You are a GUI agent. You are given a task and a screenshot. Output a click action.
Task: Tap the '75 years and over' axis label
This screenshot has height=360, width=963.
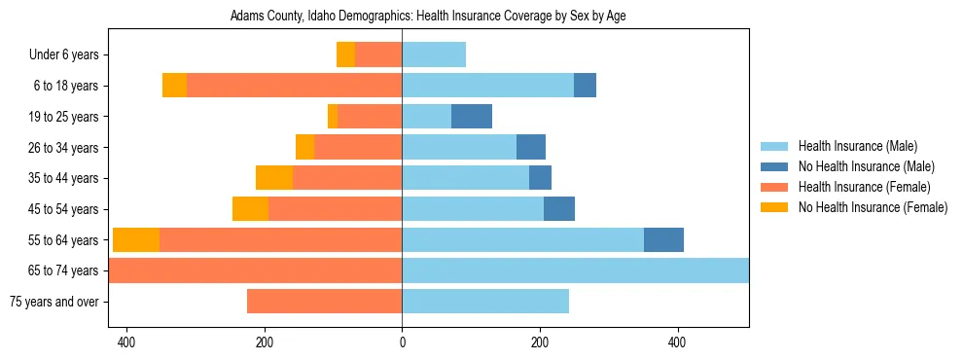click(54, 302)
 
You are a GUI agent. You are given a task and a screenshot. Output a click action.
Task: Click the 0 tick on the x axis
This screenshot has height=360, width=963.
click(402, 342)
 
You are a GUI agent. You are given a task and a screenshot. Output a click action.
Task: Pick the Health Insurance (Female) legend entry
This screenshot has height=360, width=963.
click(864, 187)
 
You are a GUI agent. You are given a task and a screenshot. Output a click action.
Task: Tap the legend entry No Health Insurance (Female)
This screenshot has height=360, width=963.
click(873, 207)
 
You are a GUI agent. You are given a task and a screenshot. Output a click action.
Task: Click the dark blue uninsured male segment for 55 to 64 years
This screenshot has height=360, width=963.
click(663, 239)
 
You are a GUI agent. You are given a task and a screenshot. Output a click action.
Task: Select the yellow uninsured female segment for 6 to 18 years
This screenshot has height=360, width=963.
click(174, 86)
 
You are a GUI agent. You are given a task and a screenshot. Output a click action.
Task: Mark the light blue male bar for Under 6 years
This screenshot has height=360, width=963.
click(434, 55)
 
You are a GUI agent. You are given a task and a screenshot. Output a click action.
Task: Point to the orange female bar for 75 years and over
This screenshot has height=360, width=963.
click(324, 302)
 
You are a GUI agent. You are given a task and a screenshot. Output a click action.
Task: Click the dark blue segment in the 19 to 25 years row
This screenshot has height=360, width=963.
click(472, 117)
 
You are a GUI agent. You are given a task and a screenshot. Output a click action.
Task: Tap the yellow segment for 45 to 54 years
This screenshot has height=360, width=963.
click(250, 209)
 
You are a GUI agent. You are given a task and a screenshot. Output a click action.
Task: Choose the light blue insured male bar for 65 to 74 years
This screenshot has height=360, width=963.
click(575, 270)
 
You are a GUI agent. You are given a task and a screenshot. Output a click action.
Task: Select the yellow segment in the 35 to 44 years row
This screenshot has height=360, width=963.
click(274, 178)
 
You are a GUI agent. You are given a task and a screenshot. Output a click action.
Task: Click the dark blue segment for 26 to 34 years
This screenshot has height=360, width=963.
click(531, 147)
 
